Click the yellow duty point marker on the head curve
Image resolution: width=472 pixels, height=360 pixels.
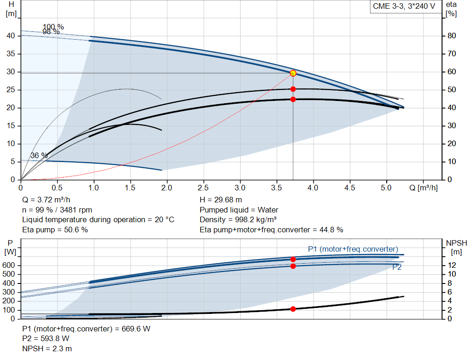coord(293,73)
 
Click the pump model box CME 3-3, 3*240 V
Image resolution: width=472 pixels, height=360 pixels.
coord(404,6)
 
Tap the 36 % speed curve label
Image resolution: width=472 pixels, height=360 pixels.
coord(39,156)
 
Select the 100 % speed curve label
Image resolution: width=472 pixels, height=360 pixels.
coord(53,27)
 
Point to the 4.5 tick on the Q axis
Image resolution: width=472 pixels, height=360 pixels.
coord(349,188)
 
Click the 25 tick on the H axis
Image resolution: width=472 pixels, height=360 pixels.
coord(12,90)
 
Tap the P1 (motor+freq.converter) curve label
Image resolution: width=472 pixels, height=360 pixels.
coord(353,249)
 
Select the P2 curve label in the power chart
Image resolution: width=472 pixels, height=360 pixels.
coord(396,267)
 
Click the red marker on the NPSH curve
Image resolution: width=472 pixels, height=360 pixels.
coord(293,309)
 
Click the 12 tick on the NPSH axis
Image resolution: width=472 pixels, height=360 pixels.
coord(453,266)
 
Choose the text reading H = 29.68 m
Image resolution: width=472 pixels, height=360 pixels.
coord(221,200)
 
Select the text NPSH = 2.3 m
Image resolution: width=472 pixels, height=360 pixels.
coord(47,349)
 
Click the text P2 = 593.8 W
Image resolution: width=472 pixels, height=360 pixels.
coord(46,339)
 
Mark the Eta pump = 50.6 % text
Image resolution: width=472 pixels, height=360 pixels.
coord(55,230)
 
